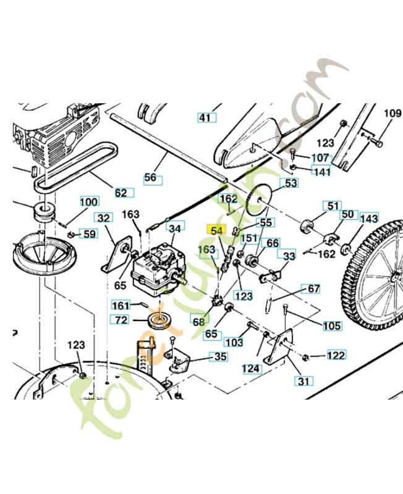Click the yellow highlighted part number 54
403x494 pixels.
pyautogui.click(x=216, y=230)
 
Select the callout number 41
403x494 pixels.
pyautogui.click(x=205, y=117)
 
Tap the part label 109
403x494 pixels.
pyautogui.click(x=392, y=113)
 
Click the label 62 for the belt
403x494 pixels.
pyautogui.click(x=121, y=193)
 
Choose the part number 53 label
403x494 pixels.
pyautogui.click(x=289, y=183)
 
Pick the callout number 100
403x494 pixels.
pyautogui.click(x=89, y=202)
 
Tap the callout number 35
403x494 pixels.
pyautogui.click(x=220, y=356)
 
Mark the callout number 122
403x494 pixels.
pyautogui.click(x=336, y=355)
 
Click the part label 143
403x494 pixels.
pyautogui.click(x=368, y=219)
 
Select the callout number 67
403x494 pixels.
pyautogui.click(x=313, y=289)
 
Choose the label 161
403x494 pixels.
pyautogui.click(x=121, y=305)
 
